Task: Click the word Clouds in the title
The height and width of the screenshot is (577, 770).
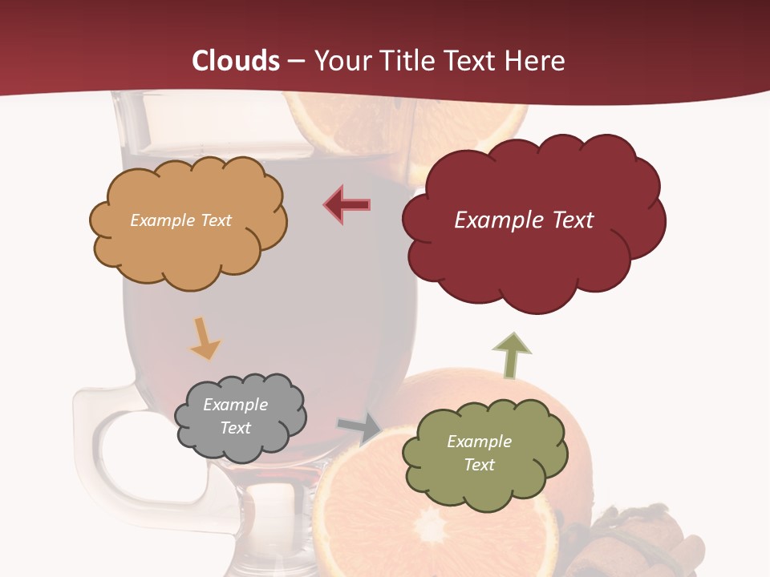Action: click(236, 61)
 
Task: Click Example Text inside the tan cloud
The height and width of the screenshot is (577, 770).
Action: click(180, 220)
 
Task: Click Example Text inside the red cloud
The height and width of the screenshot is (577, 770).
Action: click(524, 220)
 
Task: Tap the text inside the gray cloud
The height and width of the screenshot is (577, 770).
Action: click(235, 417)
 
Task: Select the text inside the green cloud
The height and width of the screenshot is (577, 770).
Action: click(479, 453)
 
